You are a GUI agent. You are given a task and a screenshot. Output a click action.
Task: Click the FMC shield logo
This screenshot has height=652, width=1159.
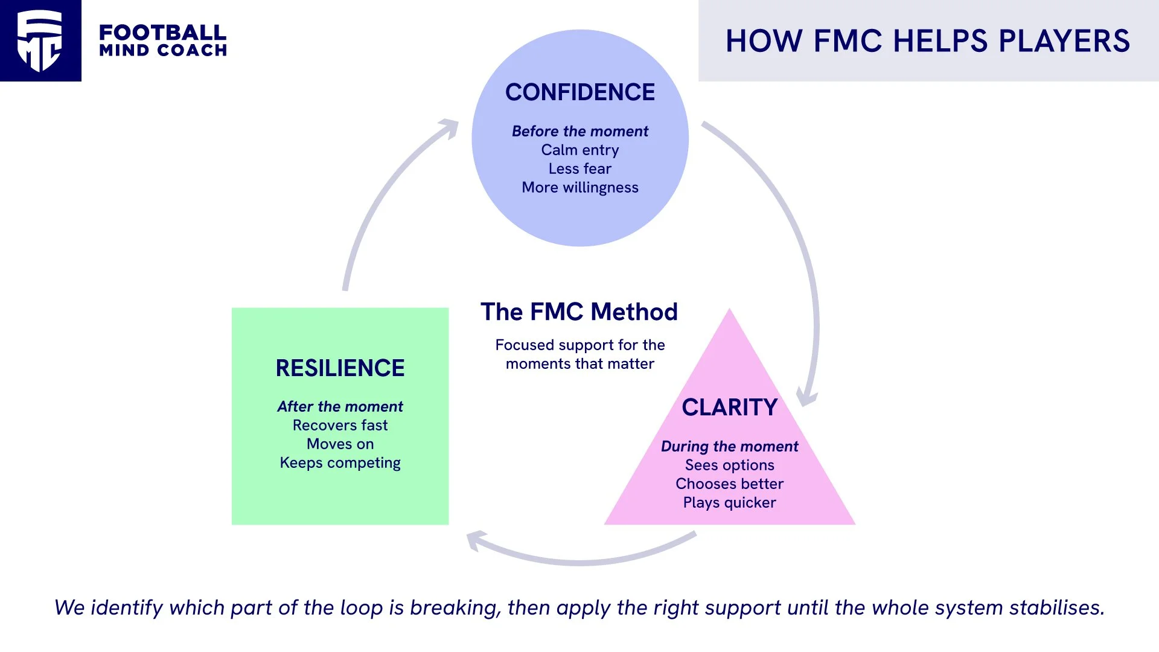tap(40, 40)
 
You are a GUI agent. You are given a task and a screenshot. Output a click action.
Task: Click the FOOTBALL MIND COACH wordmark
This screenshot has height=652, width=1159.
tap(163, 40)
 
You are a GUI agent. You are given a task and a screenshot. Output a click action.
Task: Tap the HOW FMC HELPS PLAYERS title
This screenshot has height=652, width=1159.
tap(927, 41)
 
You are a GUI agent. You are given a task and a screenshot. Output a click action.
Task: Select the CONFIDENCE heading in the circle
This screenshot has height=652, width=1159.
tap(579, 92)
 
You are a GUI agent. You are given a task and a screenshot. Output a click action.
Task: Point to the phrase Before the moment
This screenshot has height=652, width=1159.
tap(579, 131)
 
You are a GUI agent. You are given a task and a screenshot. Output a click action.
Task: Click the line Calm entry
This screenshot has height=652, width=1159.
tap(579, 150)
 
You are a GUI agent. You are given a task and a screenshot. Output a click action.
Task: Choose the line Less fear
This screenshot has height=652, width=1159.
tap(579, 168)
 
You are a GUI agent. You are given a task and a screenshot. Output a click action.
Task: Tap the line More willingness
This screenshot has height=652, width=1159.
tap(579, 187)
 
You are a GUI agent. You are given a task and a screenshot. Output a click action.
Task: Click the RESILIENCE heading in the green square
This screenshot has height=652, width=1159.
tap(340, 368)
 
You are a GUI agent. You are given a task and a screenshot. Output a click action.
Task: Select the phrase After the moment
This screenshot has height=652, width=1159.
tap(340, 406)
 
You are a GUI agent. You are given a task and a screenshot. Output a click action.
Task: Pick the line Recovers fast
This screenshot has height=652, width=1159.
tap(340, 425)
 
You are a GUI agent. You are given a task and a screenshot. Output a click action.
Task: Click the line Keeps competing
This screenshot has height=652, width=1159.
tap(340, 462)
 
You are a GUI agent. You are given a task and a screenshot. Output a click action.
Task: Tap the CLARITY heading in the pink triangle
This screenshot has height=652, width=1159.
tap(729, 407)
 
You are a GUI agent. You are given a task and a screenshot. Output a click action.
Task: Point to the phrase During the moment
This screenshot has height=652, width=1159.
tap(729, 446)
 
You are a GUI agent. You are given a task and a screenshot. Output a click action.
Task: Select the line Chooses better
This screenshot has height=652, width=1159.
tap(729, 484)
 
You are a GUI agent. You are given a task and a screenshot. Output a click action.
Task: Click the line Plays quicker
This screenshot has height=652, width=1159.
tap(729, 502)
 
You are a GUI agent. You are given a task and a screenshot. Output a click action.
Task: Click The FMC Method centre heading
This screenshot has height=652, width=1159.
tap(579, 312)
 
